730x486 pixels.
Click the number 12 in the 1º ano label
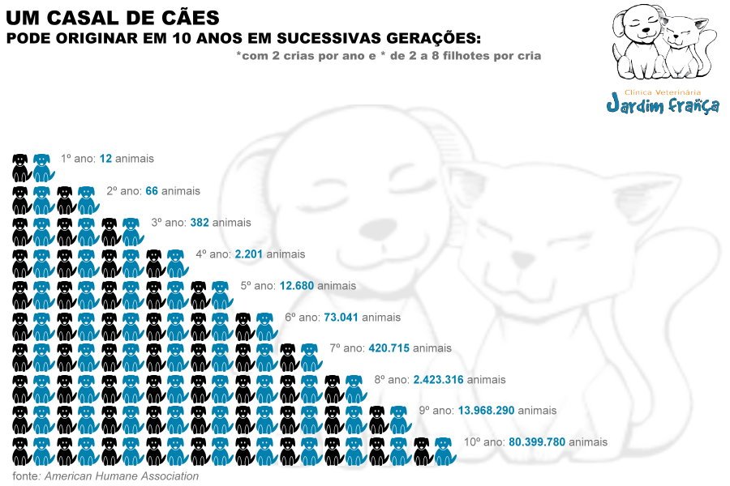tap(105, 159)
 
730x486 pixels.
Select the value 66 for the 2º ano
tap(151, 191)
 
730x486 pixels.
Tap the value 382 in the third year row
tap(200, 222)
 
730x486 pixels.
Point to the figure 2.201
tap(249, 254)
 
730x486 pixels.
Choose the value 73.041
tap(341, 318)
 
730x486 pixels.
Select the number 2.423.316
tap(438, 380)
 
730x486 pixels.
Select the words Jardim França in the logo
tap(663, 106)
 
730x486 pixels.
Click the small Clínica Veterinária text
tap(663, 92)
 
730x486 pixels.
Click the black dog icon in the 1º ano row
tap(20, 167)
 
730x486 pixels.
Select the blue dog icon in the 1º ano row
tap(42, 167)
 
